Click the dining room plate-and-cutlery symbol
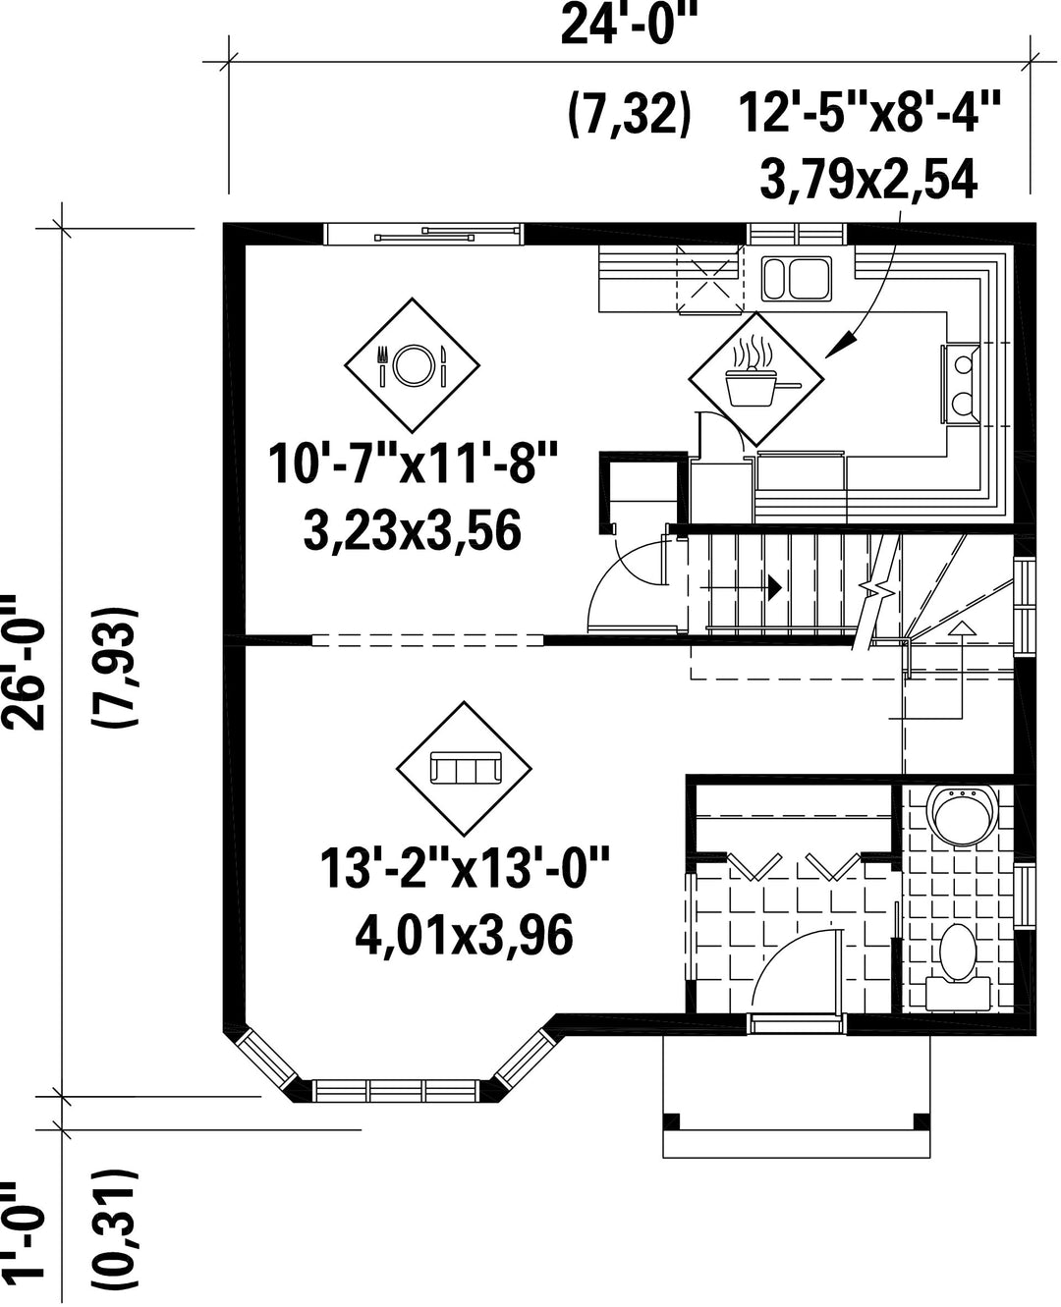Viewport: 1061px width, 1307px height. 412,365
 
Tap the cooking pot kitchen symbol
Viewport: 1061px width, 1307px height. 756,379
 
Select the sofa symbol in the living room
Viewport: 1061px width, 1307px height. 464,768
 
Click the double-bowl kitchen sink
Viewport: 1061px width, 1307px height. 797,279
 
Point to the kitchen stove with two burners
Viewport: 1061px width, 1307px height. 962,384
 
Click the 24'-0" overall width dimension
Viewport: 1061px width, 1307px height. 630,26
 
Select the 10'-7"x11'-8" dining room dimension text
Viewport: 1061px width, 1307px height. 413,464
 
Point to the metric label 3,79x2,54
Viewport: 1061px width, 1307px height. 868,180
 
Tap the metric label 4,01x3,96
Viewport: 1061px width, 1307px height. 464,934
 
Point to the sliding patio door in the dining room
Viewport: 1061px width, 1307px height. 423,235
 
